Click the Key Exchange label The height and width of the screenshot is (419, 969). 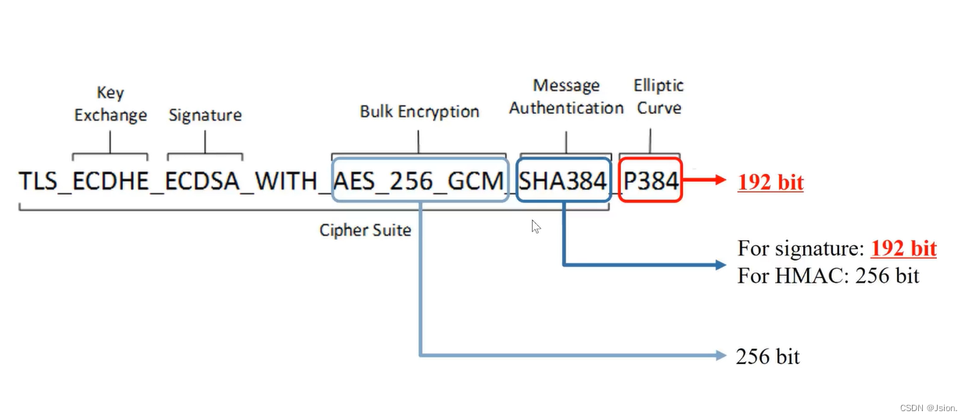(x=110, y=104)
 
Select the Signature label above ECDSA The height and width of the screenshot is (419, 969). (x=205, y=115)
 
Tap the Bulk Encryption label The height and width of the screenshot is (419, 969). (x=419, y=111)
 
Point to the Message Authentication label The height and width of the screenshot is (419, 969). (x=566, y=96)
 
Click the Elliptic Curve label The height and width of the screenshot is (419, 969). (x=659, y=96)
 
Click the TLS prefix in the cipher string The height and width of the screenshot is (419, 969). (x=38, y=181)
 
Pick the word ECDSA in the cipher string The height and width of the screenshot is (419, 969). (x=204, y=181)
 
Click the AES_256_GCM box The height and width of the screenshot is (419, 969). (x=420, y=181)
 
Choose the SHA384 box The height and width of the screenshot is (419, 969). (x=563, y=181)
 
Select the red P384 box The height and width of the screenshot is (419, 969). (x=651, y=181)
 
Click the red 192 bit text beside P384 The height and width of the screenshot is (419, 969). (x=770, y=182)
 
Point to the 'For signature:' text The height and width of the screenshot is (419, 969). (x=802, y=248)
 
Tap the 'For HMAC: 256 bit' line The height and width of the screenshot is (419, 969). (x=828, y=276)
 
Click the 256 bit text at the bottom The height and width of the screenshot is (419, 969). (x=767, y=356)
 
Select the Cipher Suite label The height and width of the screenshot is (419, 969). (x=365, y=230)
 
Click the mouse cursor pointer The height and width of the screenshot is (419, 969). (x=535, y=226)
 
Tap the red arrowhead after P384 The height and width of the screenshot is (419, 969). (x=721, y=181)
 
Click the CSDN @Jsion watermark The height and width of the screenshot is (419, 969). (x=928, y=408)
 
